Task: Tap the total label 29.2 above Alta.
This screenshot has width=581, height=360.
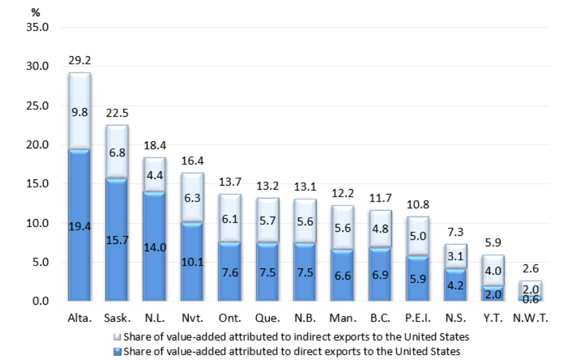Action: coord(79,61)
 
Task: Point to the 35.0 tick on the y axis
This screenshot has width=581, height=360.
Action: coord(37,27)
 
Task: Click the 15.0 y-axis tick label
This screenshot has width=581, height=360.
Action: coord(37,184)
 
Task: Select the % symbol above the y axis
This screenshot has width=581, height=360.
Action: coord(35,13)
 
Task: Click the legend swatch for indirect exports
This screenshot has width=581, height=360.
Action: coord(118,336)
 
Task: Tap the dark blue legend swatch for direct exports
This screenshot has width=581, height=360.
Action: coord(118,350)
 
